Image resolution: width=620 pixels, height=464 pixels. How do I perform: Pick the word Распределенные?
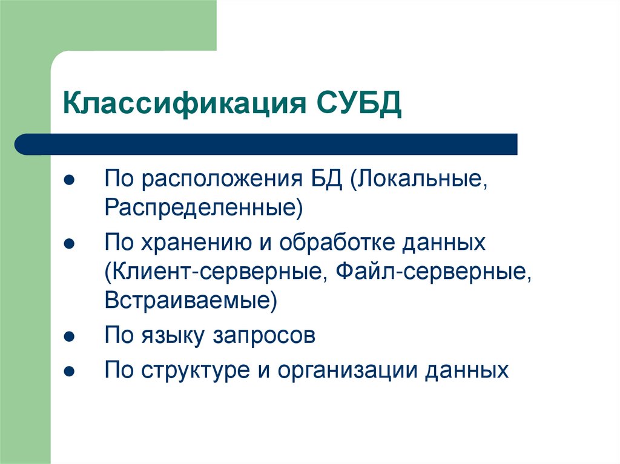coord(203,208)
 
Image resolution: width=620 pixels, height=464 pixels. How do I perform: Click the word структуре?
coord(195,370)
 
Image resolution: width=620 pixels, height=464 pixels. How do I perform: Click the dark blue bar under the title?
coord(266,144)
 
